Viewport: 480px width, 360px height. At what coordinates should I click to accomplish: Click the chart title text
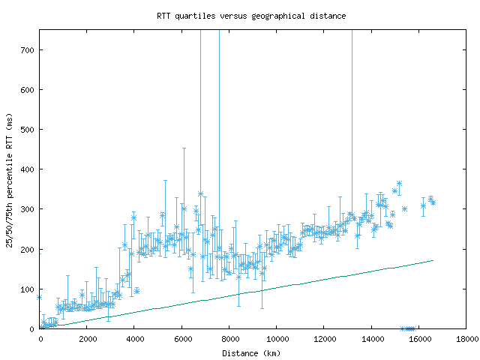click(x=251, y=15)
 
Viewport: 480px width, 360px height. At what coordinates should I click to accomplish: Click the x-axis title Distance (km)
click(x=251, y=352)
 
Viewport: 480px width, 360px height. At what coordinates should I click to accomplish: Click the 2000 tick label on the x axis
click(x=87, y=339)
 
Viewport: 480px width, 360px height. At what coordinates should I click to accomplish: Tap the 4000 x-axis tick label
click(x=134, y=339)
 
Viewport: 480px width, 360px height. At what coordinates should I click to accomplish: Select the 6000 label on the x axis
click(x=181, y=339)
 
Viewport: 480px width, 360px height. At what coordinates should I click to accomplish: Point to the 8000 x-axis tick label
click(x=229, y=339)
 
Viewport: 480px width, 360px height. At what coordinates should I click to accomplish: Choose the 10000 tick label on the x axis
click(x=276, y=339)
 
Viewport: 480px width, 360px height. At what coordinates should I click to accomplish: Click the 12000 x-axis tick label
click(x=323, y=339)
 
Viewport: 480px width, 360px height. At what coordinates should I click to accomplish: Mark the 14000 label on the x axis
click(x=370, y=339)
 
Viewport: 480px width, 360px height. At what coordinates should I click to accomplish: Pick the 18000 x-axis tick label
click(x=465, y=339)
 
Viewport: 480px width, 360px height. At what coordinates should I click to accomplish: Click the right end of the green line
click(x=433, y=260)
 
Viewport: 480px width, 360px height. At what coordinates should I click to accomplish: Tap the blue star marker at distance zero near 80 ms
click(x=40, y=297)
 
